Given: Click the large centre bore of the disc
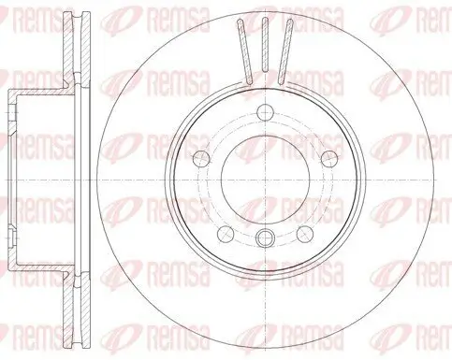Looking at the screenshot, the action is [265, 180].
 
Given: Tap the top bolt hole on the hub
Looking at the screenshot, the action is [265, 112].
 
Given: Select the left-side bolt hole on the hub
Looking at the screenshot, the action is [201, 159].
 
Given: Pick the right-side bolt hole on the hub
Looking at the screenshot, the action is [329, 159].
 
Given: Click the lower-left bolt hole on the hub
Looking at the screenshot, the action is [226, 234].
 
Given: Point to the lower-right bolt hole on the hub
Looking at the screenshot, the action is [305, 234].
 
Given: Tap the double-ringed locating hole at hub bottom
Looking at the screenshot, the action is [265, 238].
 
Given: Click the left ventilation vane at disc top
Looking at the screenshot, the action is [244, 51].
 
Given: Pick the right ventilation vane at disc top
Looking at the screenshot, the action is [285, 51].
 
